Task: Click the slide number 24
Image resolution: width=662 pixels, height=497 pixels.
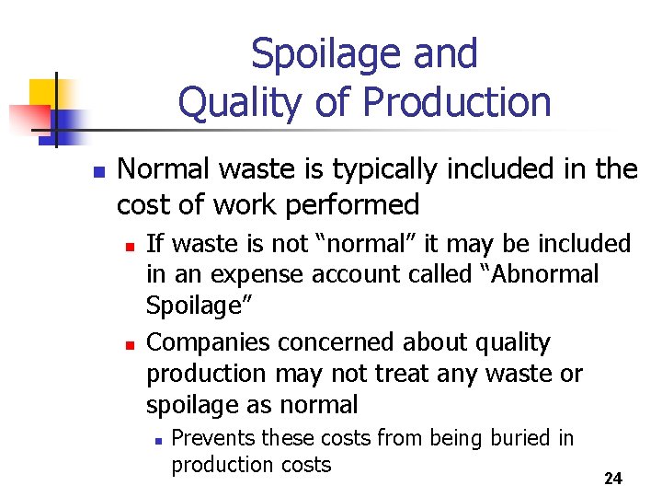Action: (x=613, y=479)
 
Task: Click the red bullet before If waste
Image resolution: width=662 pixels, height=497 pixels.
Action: (x=131, y=246)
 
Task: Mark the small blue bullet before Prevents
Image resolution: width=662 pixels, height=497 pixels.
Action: (x=158, y=441)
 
